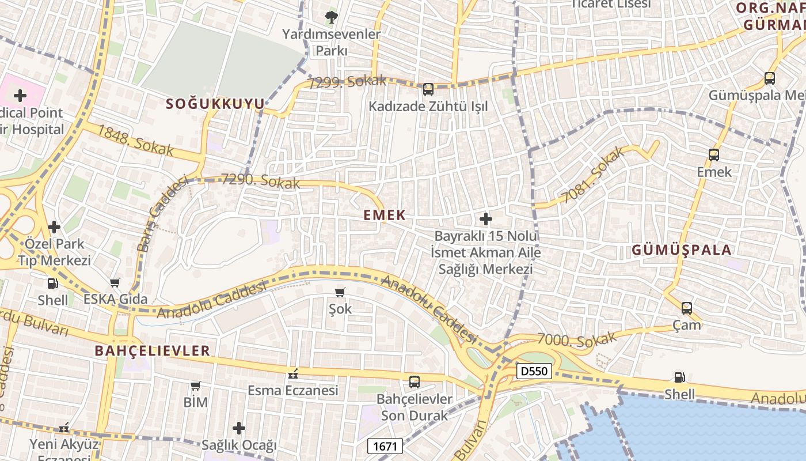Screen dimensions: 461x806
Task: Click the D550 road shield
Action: (x=534, y=371)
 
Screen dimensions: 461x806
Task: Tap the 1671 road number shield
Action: (x=385, y=445)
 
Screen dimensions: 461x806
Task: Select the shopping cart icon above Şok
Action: (x=340, y=292)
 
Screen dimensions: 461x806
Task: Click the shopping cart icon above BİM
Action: (x=196, y=386)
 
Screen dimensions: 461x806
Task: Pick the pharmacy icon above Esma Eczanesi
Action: (x=293, y=374)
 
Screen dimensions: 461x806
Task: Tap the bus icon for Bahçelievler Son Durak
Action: (x=415, y=381)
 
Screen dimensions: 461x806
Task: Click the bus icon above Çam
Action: (x=687, y=308)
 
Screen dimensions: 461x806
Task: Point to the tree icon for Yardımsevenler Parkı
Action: (x=332, y=17)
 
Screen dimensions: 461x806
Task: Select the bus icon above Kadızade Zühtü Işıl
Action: (x=428, y=89)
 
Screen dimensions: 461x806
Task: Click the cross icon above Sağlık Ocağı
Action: (x=239, y=428)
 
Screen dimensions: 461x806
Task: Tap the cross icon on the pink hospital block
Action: (x=20, y=95)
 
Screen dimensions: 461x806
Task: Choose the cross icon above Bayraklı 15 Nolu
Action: (x=486, y=219)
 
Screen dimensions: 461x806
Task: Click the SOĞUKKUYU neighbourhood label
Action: (x=215, y=104)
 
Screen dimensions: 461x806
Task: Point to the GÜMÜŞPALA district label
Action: (x=682, y=250)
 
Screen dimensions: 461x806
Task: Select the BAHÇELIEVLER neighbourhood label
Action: (x=153, y=350)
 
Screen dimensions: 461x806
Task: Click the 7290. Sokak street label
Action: (x=261, y=181)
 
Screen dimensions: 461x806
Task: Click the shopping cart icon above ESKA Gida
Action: (x=115, y=282)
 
